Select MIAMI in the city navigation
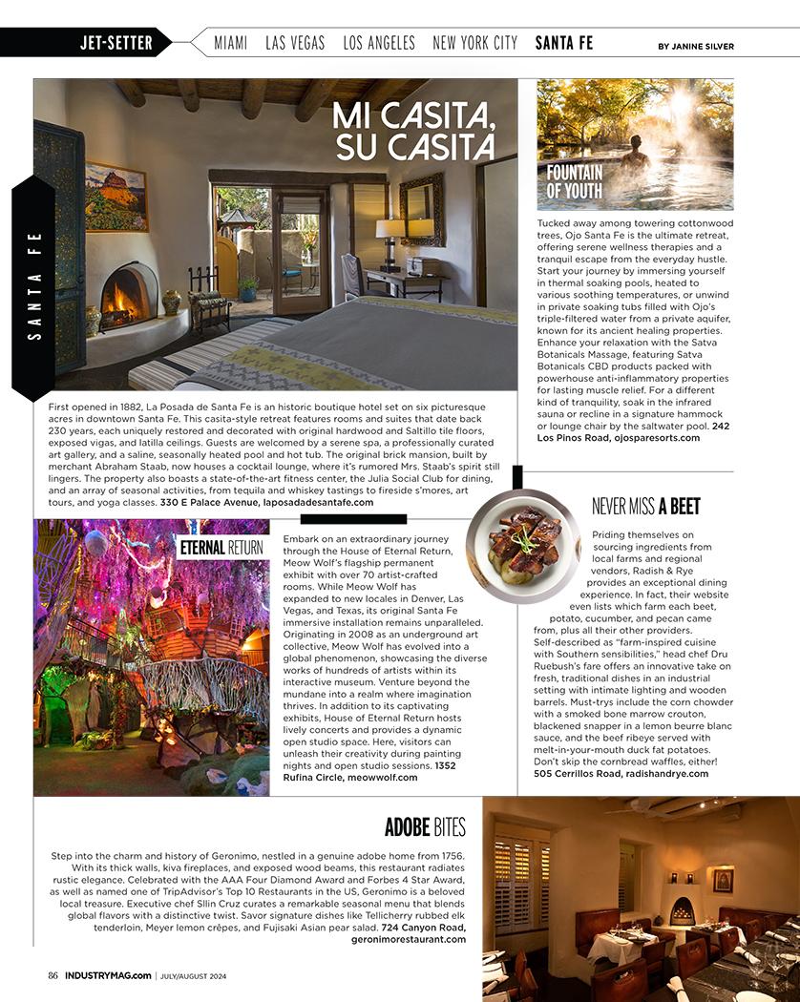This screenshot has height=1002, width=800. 230,43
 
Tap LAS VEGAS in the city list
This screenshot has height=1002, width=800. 295,43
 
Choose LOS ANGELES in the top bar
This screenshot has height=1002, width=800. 379,43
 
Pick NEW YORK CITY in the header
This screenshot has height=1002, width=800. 474,43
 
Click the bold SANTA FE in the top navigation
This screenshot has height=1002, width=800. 563,43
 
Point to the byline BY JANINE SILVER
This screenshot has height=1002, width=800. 695,46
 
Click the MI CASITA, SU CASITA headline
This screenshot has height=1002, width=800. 414,132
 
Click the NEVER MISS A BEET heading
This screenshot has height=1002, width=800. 645,506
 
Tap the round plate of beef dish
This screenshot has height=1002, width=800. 522,545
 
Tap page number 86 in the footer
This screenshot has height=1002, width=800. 53,974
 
